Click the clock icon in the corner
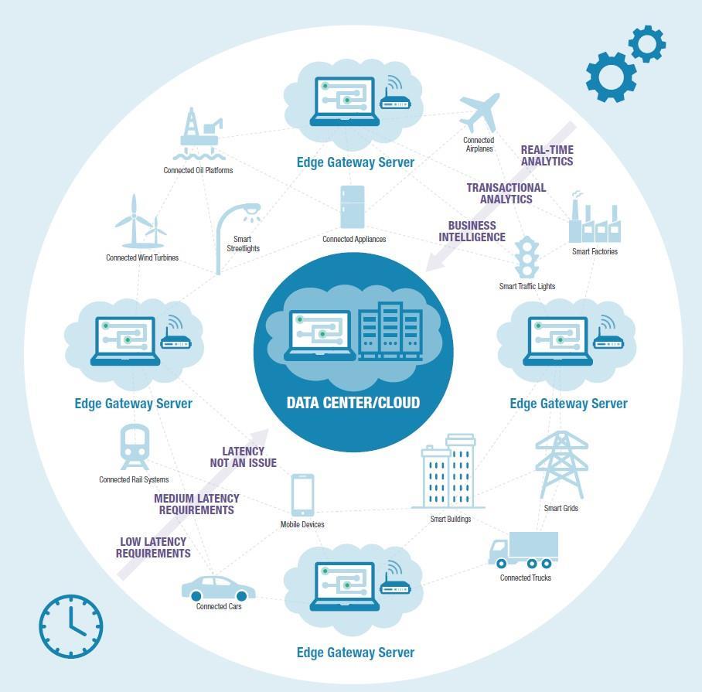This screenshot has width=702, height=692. click(x=70, y=626)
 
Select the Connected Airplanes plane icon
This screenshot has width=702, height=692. click(x=479, y=113)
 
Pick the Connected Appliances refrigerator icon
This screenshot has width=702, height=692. click(x=353, y=206)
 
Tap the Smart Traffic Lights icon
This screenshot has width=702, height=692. click(x=527, y=257)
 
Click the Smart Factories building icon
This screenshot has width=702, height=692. click(x=594, y=220)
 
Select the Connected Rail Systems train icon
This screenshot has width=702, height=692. click(x=134, y=447)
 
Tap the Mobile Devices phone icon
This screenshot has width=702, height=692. click(x=302, y=495)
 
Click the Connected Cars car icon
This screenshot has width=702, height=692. click(x=218, y=589)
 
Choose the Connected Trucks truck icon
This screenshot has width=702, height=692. click(x=523, y=550)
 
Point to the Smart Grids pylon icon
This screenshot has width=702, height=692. click(x=561, y=465)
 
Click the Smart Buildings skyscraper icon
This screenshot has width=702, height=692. click(x=448, y=471)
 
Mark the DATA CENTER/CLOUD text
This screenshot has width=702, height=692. click(x=353, y=403)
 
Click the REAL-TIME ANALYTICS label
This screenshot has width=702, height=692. click(x=547, y=155)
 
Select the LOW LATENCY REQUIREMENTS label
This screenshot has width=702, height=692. click(x=153, y=547)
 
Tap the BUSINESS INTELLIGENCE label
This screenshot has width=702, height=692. click(x=472, y=232)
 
